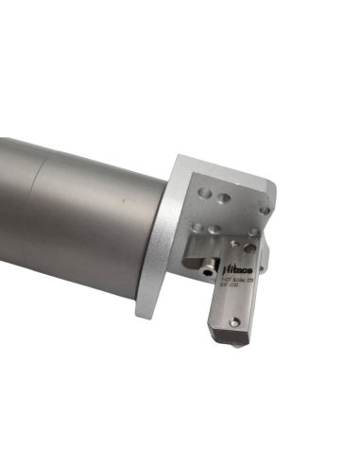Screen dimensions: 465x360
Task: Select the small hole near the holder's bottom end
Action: (x=234, y=322)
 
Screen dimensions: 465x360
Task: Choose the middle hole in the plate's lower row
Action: (x=215, y=229)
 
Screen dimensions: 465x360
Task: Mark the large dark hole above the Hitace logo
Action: (x=249, y=249)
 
